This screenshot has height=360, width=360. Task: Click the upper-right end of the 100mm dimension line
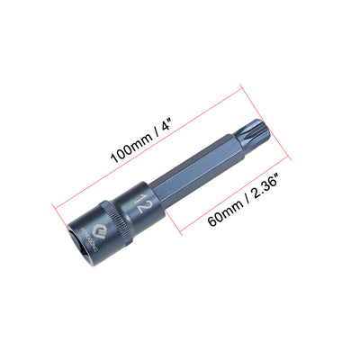243,86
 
